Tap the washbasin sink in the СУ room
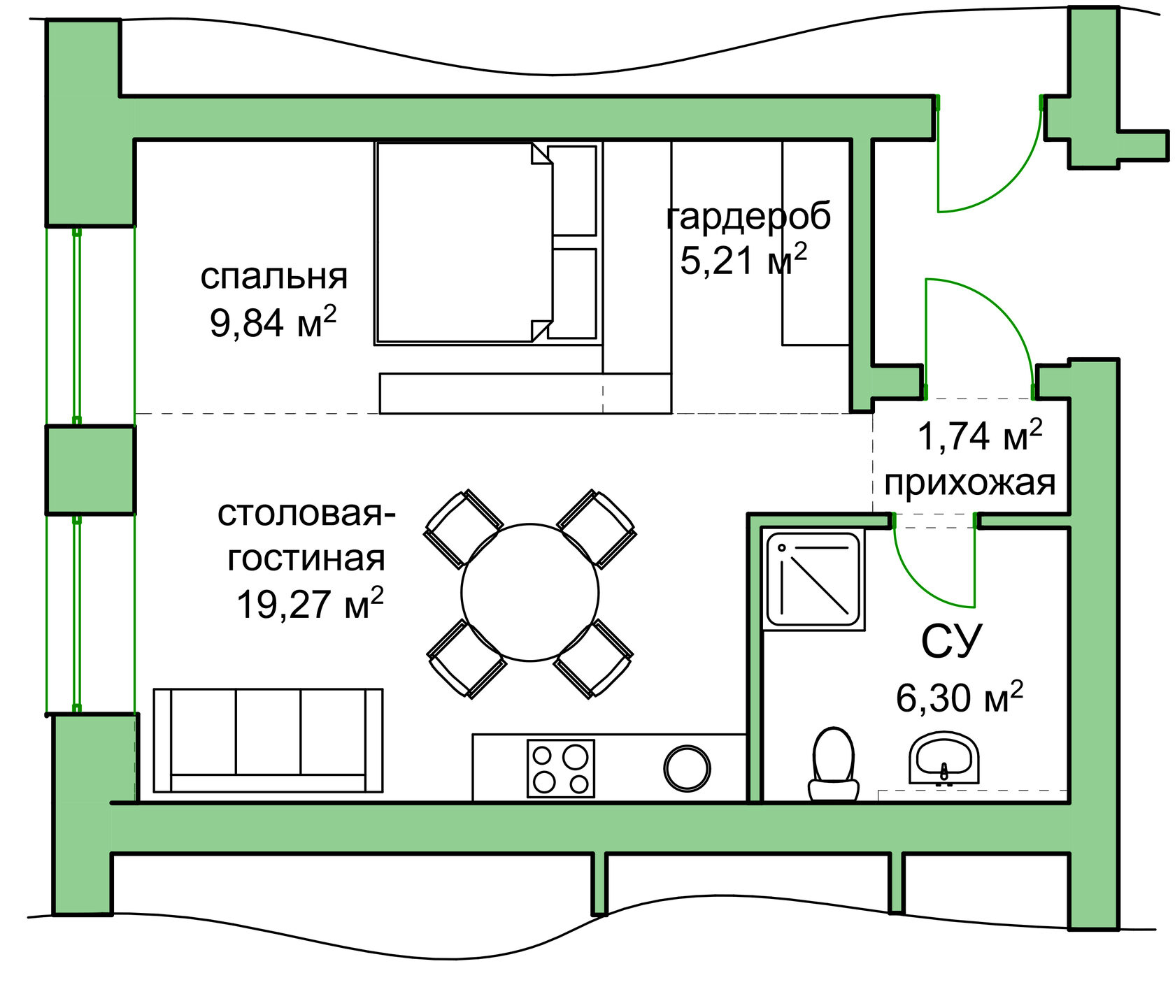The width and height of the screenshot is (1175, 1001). (943, 758)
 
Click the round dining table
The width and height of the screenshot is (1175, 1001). (530, 592)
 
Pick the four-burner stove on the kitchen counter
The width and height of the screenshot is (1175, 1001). (560, 768)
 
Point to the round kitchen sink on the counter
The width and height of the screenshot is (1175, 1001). (687, 768)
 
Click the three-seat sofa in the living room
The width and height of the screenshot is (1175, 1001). (268, 740)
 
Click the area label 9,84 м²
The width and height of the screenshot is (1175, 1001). (273, 322)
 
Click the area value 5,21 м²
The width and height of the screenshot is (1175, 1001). (743, 260)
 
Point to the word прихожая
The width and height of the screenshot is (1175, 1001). (969, 482)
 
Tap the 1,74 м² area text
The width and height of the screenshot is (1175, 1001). (979, 436)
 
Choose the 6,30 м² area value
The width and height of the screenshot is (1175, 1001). (959, 697)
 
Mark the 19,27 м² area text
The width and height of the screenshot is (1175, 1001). (309, 603)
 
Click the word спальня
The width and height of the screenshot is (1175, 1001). (273, 276)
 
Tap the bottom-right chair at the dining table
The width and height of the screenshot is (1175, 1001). (594, 658)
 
